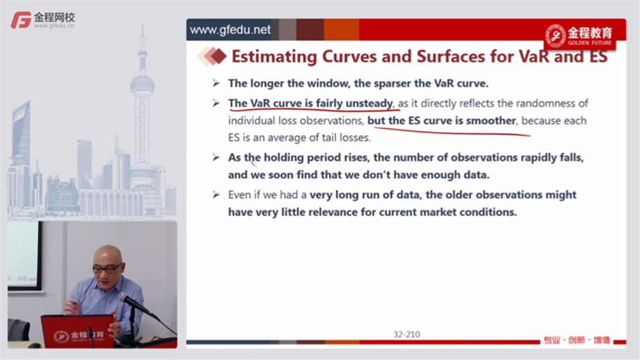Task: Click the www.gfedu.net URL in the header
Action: pyautogui.click(x=230, y=30)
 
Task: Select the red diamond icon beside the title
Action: pyautogui.click(x=219, y=56)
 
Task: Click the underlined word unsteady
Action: pyautogui.click(x=369, y=103)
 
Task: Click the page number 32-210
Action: pyautogui.click(x=407, y=334)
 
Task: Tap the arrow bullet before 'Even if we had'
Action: pyautogui.click(x=216, y=195)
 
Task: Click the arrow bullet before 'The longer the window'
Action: pyautogui.click(x=216, y=83)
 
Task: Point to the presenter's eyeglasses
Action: pyautogui.click(x=107, y=268)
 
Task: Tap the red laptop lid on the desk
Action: pyautogui.click(x=78, y=331)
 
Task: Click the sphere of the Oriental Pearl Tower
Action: pyautogui.click(x=143, y=86)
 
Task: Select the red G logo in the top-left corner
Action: pyautogui.click(x=21, y=20)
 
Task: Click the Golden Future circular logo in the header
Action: pyautogui.click(x=556, y=35)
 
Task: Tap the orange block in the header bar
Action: pyautogui.click(x=341, y=29)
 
